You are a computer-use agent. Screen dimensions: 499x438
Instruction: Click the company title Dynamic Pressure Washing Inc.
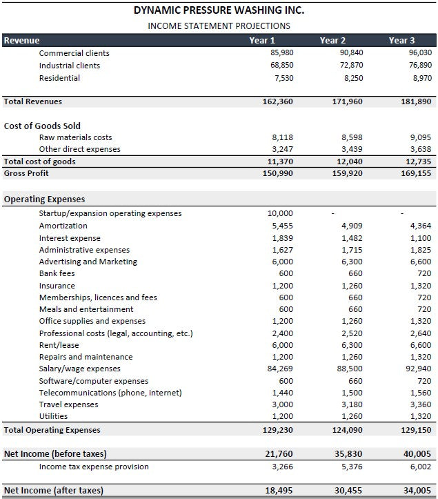coord(219,10)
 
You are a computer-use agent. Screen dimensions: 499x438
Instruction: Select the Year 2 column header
coord(333,41)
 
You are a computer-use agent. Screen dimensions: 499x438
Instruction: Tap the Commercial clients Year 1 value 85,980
coord(281,53)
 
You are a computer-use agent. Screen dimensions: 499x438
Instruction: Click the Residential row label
coord(59,78)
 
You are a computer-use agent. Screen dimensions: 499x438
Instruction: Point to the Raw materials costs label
coord(75,137)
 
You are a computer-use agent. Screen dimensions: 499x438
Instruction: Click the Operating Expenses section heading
coord(44,199)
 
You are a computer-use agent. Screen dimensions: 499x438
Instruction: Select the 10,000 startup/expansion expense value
coord(280,213)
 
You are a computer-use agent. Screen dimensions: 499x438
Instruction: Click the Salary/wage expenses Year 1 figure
coord(281,369)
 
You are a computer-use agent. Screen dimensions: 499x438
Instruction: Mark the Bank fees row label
coord(57,273)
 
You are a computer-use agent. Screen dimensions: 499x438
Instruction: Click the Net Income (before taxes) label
coord(55,453)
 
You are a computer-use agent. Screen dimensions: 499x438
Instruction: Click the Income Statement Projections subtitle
coord(219,26)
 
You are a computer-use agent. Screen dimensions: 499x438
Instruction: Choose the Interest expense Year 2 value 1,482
coord(351,237)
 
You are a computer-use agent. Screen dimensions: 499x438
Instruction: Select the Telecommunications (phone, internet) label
coord(110,393)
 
